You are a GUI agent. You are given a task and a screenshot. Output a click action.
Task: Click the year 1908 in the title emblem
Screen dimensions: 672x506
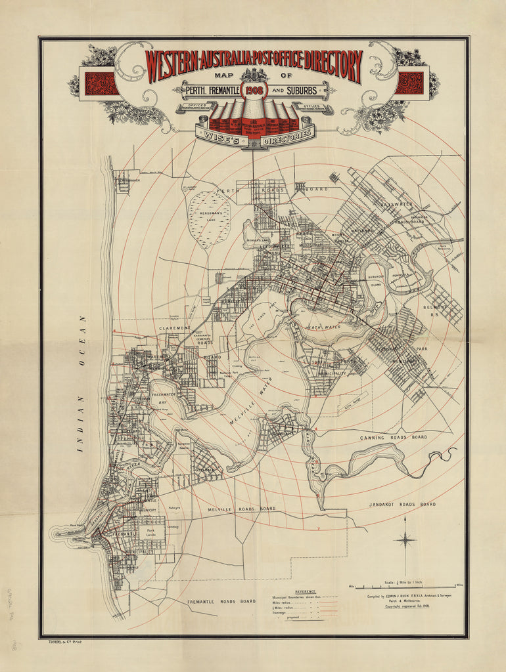[x=253, y=89]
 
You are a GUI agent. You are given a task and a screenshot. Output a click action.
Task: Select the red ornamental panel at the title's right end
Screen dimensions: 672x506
[x=409, y=83]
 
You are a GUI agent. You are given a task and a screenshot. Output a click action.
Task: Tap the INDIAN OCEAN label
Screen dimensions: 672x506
[x=82, y=384]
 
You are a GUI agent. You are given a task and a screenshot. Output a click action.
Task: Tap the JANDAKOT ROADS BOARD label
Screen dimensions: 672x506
[x=400, y=504]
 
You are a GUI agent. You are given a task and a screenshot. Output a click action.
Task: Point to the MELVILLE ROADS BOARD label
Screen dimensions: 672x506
[x=241, y=509]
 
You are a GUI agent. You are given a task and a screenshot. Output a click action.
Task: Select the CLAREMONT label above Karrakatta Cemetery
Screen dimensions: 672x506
[x=174, y=327]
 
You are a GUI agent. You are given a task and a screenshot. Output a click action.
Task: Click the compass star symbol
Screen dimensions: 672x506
[x=405, y=539]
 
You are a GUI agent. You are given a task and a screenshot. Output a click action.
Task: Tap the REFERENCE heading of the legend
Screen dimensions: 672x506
[x=305, y=591]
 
